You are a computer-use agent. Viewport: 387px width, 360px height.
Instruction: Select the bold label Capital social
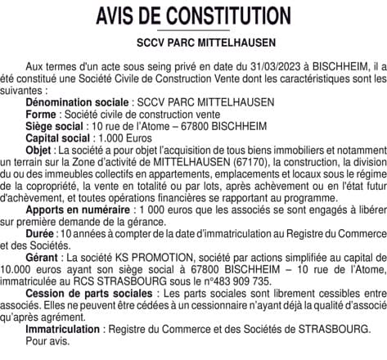click(x=56, y=139)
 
